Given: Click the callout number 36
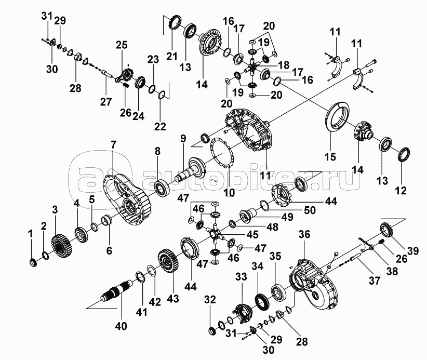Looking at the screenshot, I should (x=304, y=235).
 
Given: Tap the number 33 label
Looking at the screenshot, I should (x=240, y=278).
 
